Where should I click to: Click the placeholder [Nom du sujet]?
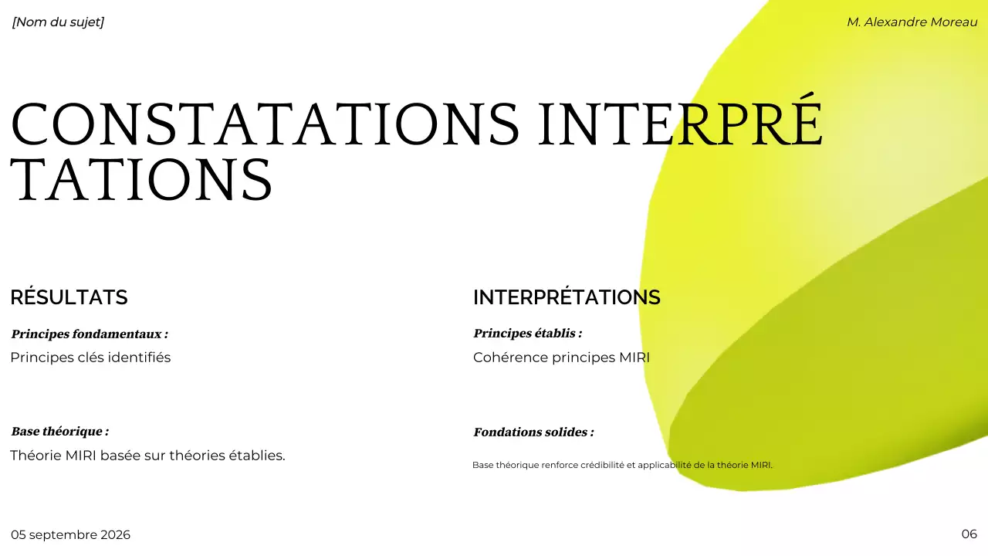(58, 22)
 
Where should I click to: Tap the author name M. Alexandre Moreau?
(912, 22)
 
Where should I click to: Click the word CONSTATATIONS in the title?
(265, 124)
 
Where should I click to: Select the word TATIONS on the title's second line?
(141, 179)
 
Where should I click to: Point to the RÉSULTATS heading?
(69, 297)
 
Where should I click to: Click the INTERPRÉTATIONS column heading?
(567, 297)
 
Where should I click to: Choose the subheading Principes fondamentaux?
(90, 334)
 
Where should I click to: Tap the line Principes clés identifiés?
(90, 358)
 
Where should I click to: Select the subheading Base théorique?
(59, 432)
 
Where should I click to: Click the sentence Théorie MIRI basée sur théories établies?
(147, 456)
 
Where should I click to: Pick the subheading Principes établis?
(527, 334)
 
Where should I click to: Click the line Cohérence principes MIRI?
(561, 358)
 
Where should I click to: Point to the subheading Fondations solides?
(533, 432)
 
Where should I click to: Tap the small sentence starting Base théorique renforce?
(622, 465)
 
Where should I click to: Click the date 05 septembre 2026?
(70, 535)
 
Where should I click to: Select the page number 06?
(969, 534)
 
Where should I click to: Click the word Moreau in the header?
(954, 22)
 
